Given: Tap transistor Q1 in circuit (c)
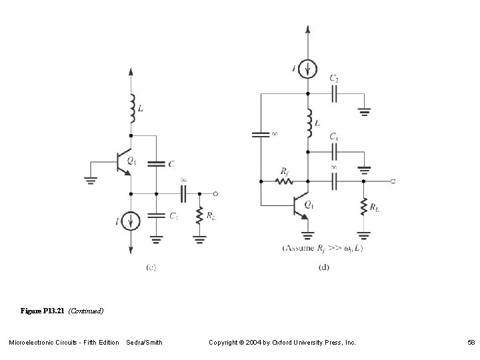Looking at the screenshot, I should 125,162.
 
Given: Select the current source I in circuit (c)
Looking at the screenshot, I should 131,221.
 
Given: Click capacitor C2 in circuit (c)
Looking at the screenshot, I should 155,215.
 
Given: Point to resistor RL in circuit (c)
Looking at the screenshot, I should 199,215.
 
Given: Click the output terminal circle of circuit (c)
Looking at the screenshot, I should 216,193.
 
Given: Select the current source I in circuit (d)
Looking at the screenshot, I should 307,68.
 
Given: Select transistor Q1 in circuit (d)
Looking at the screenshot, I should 301,206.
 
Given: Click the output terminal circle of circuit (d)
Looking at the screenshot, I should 393,181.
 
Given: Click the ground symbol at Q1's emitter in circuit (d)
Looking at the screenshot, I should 307,234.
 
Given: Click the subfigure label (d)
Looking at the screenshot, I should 324,267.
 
